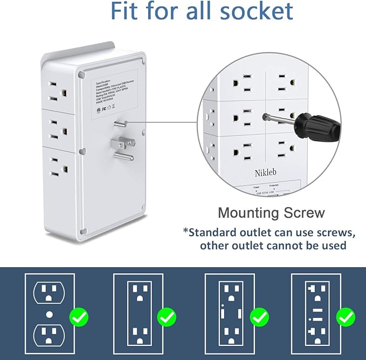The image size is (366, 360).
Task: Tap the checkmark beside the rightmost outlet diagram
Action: tap(345, 317)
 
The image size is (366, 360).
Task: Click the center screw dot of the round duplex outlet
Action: tap(50, 313)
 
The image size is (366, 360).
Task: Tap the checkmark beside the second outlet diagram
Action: tap(167, 317)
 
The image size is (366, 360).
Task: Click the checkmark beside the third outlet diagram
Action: tap(260, 317)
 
